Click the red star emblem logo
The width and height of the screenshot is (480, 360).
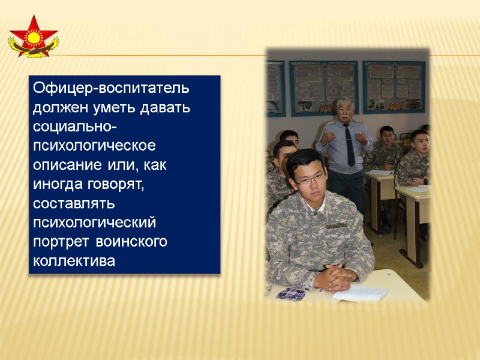(x=33, y=37)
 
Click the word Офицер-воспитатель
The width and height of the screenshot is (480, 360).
(x=111, y=88)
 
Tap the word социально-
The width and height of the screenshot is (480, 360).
(x=75, y=128)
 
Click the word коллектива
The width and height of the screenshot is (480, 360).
(x=73, y=261)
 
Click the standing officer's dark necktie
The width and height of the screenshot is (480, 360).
(x=349, y=145)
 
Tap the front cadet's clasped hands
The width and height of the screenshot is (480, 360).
(x=336, y=277)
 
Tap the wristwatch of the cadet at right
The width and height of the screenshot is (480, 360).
(x=424, y=179)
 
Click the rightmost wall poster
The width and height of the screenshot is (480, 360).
(x=394, y=88)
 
